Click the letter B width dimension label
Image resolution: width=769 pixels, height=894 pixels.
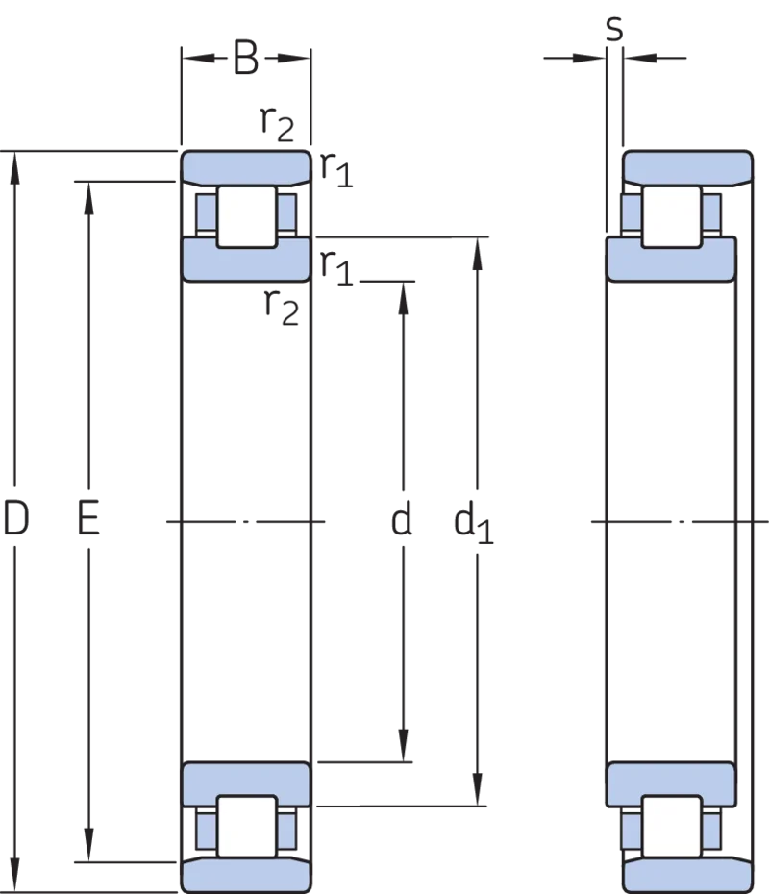point(246,58)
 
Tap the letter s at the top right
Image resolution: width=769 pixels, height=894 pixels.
point(614,28)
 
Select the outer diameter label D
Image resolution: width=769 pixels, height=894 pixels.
point(15,518)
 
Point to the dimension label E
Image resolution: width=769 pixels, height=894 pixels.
point(88,518)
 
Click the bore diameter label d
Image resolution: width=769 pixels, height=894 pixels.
point(401,518)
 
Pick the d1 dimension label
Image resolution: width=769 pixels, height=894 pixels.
point(473,522)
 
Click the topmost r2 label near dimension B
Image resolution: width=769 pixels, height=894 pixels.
point(277,123)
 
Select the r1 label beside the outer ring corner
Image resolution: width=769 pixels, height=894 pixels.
point(336,169)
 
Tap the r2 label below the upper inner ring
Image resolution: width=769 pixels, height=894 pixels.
point(281,307)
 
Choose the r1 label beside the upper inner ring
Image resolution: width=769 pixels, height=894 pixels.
point(336,267)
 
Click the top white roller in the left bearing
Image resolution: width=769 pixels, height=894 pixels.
point(246,216)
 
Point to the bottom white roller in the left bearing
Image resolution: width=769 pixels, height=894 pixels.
point(246,826)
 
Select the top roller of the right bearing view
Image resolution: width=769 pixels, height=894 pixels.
point(671,216)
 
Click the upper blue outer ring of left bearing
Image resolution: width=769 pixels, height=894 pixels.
point(246,168)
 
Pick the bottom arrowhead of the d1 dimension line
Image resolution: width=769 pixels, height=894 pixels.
point(478,789)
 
